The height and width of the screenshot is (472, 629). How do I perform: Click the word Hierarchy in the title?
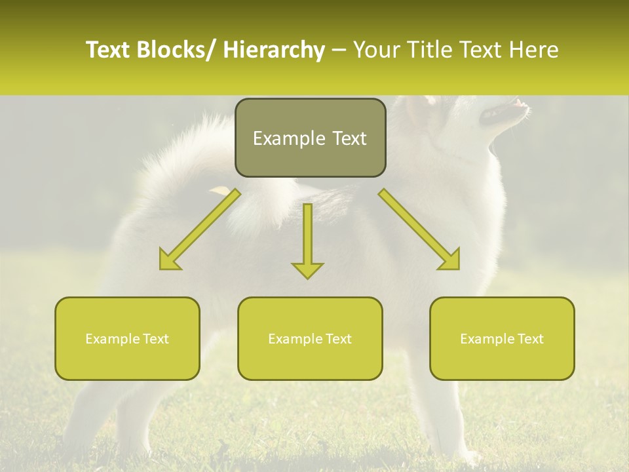point(274,50)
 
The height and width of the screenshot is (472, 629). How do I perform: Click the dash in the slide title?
point(339,50)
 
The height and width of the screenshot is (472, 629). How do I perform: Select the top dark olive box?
point(310,138)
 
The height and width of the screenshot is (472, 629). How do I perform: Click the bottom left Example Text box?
point(127,338)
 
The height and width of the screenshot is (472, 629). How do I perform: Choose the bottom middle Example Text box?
point(310,338)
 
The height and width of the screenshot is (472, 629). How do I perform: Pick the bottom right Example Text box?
point(502,338)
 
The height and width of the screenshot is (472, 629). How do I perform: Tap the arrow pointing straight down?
point(307,239)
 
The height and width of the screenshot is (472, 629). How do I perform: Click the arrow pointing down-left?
point(200,229)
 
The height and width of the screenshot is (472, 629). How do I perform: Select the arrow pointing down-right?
point(419,229)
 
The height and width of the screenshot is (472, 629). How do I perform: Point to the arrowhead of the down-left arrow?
point(170,260)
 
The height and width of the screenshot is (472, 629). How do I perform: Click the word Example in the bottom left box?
point(111,339)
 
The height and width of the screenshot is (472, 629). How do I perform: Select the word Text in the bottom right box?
point(529,339)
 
